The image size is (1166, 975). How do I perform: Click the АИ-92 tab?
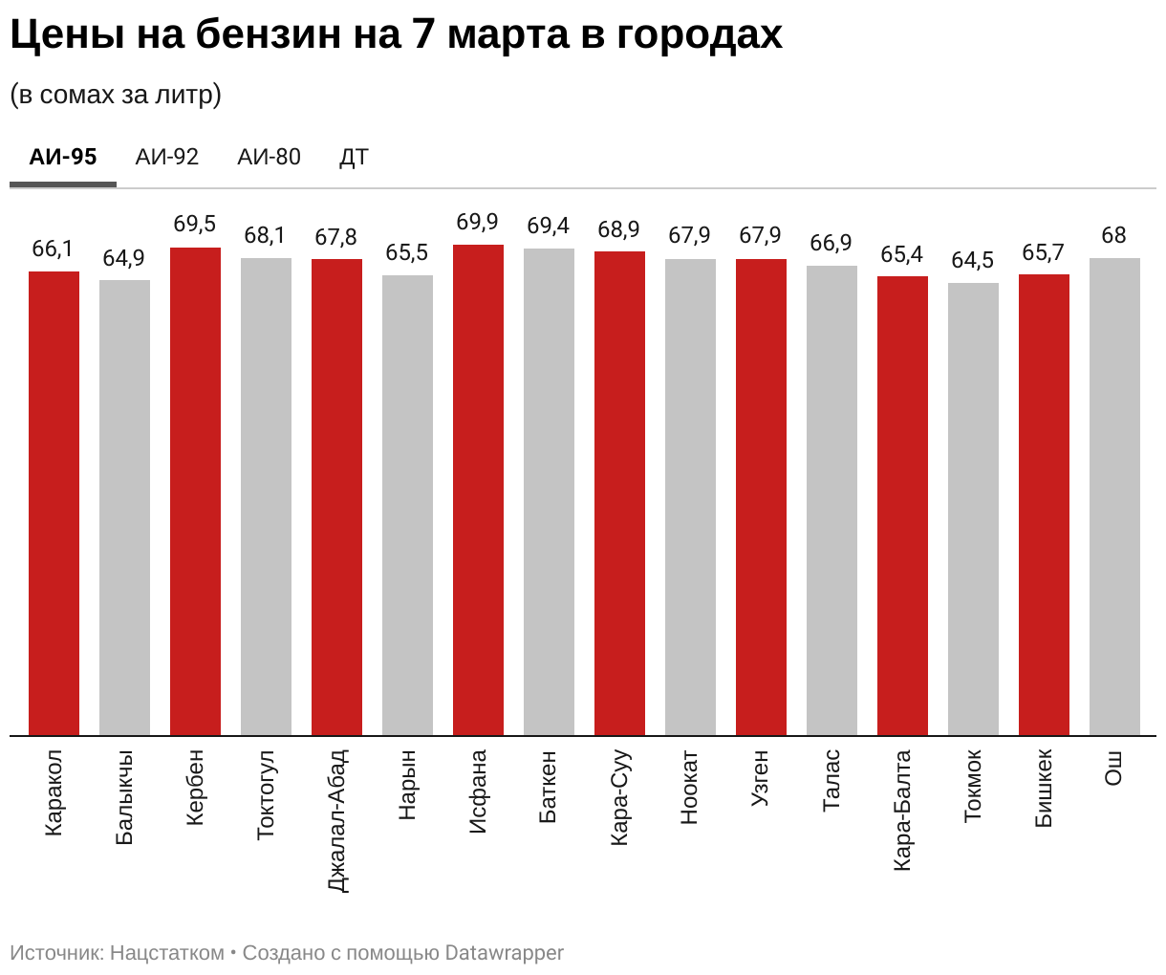(167, 157)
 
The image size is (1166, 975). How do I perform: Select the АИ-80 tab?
(269, 157)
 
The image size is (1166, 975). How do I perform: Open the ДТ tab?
(354, 157)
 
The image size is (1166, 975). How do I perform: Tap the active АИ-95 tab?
(63, 157)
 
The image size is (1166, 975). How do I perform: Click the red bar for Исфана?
(478, 489)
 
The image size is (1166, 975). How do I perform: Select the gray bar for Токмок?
(973, 509)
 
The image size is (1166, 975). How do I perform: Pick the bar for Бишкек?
(1044, 505)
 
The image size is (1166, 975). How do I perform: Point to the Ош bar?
(1114, 496)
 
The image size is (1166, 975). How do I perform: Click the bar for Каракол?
(54, 503)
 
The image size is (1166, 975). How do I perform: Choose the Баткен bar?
(549, 491)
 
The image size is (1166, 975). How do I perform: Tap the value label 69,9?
(477, 222)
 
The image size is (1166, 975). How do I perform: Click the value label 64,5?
(973, 260)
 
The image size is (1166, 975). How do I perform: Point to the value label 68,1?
(265, 235)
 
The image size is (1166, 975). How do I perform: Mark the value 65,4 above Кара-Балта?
(902, 254)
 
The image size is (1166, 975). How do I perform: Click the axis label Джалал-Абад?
(336, 820)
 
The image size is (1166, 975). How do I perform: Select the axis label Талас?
(831, 780)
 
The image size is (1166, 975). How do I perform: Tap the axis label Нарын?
(407, 785)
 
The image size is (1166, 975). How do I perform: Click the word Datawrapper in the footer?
(505, 953)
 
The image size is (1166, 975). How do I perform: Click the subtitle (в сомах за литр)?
(116, 95)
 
